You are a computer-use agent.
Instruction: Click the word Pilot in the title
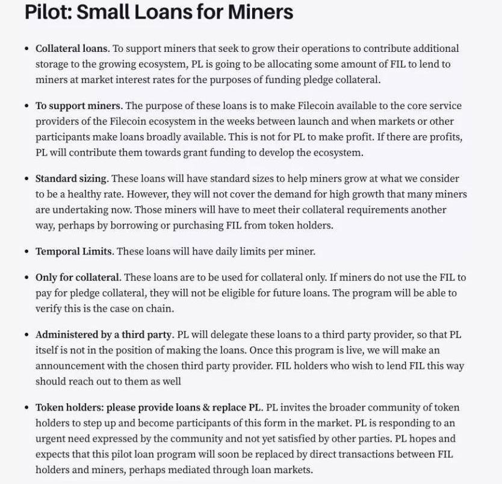tap(46, 11)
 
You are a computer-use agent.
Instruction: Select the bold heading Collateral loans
tap(72, 48)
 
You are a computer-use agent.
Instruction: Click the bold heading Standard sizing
tap(72, 178)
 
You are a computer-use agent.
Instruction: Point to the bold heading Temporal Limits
tap(74, 251)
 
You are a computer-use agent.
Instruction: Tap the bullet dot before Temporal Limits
tap(26, 252)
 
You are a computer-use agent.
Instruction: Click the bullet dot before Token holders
tap(26, 407)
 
